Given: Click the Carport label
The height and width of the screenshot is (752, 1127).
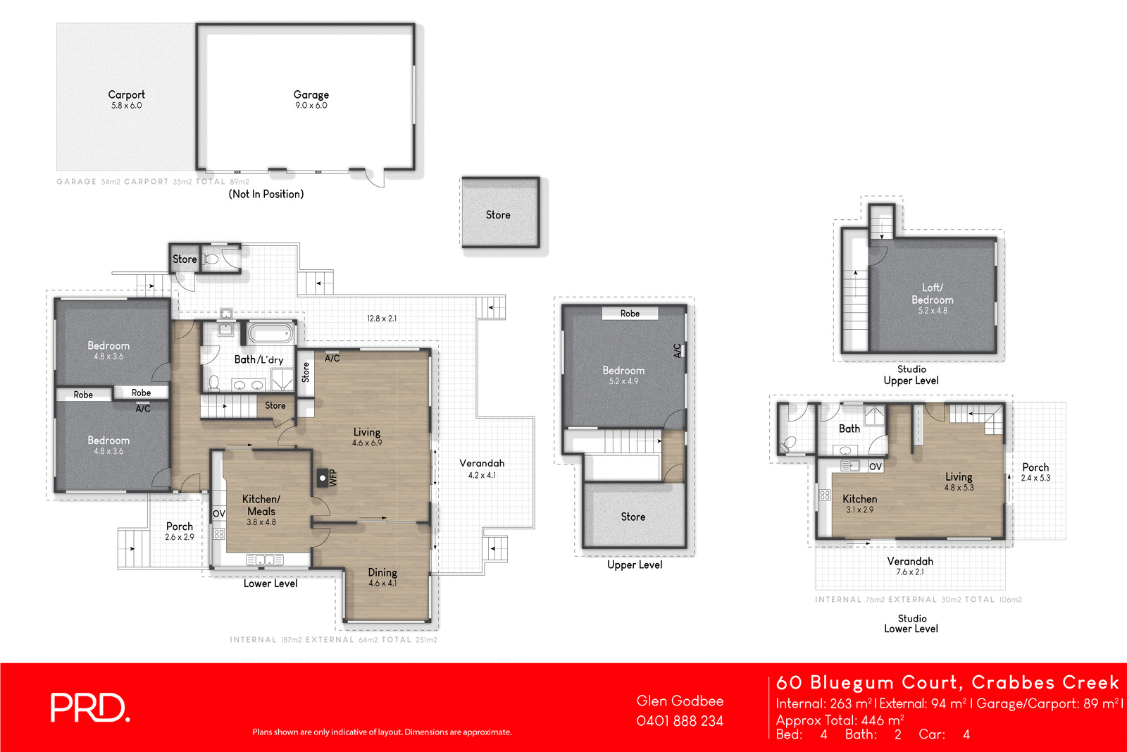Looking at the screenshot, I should [127, 94].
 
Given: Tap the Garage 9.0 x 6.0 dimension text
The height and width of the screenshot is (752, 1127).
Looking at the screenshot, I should [311, 106].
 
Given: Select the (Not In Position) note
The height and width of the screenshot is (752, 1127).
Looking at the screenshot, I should [266, 194].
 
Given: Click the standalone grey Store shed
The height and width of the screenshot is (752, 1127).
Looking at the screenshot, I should [499, 213].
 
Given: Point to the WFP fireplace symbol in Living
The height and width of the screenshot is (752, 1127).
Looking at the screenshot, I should [323, 478].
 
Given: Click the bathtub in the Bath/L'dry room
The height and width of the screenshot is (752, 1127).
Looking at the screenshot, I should [270, 332].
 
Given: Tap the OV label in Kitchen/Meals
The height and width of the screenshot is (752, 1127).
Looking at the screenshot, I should [219, 514].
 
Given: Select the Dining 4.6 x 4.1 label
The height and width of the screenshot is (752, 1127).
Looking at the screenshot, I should [382, 577].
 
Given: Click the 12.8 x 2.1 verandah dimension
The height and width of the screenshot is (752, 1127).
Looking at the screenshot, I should [382, 319].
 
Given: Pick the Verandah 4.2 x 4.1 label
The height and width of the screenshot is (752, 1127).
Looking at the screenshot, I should [482, 469].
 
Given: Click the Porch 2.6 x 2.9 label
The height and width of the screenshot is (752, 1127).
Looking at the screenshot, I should [180, 531].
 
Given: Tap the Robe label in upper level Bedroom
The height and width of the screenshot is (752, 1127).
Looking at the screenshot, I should [630, 314].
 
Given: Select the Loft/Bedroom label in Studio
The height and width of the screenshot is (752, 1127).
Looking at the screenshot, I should [933, 294].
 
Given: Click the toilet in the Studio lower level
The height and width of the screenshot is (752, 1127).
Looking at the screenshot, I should [788, 444].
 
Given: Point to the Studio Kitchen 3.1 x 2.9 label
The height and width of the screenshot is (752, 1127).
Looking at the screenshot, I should [859, 504].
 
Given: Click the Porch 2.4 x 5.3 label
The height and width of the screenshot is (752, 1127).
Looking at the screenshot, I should [1035, 472].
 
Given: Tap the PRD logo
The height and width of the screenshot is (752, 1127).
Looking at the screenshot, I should [89, 708].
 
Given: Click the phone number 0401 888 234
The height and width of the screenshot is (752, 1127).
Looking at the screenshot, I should [680, 721].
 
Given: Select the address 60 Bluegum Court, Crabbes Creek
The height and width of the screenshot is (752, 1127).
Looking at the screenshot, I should [947, 682].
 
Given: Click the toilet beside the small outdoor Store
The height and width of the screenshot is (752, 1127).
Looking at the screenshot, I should [212, 259].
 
